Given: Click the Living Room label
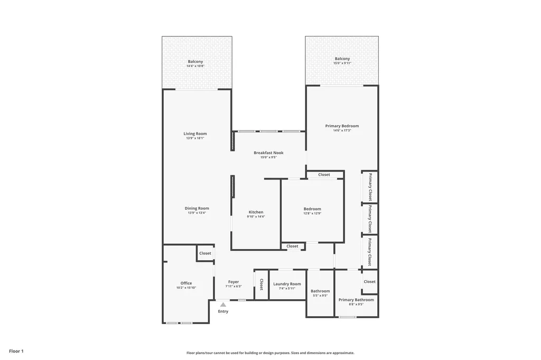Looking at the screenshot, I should (x=195, y=134).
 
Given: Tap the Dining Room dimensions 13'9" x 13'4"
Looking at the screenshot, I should (x=197, y=213).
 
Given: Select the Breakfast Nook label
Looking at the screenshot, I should (x=268, y=153).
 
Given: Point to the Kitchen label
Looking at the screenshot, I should (x=256, y=212).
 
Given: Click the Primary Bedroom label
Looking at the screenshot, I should (x=342, y=126).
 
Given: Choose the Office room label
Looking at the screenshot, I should (x=186, y=283).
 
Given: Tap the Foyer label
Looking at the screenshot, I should (x=234, y=282).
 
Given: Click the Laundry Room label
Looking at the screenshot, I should (x=287, y=284).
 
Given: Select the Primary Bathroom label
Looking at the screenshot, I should (x=356, y=300).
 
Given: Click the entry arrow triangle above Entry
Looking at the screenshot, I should (x=223, y=305).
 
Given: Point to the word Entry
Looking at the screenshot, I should (x=223, y=311).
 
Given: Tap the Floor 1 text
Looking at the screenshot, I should (x=16, y=351).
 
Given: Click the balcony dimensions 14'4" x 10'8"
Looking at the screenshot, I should (x=195, y=66).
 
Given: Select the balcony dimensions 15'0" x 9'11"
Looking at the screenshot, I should (x=342, y=63).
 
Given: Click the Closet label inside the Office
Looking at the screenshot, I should (x=205, y=253).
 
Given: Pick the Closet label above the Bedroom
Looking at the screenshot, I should (x=324, y=175).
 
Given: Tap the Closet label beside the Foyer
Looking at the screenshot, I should (x=261, y=285).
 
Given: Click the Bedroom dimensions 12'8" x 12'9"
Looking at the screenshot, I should (x=312, y=213).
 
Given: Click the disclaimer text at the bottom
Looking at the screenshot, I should (x=270, y=353).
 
